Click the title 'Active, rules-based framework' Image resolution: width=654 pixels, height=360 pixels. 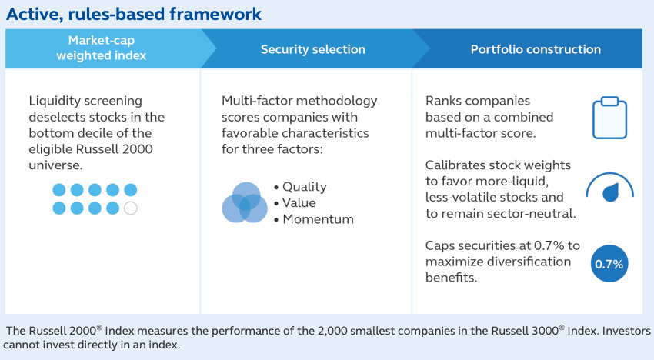pos(134,14)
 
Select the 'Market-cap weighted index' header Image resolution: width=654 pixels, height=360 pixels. pos(102,48)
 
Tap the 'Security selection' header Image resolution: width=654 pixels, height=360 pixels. pos(313,49)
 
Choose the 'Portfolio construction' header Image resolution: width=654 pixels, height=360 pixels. pos(536,49)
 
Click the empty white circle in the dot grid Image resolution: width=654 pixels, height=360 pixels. pos(131,208)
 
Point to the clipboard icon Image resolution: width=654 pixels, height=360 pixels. pos(609,118)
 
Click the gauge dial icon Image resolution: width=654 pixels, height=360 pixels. pos(610,187)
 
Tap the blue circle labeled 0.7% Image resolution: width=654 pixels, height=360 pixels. pos(609,264)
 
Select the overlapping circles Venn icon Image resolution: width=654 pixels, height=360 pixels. pos(245,202)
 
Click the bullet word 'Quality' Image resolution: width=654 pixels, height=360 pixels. pos(305,187)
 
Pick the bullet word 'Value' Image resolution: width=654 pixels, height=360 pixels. pos(299,203)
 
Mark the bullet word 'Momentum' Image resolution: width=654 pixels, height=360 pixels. pos(318,219)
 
